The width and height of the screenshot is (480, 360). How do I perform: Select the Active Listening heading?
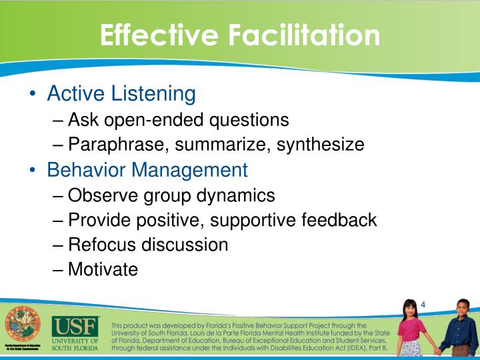[x=121, y=93]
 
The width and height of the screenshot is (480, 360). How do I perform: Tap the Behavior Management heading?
[x=147, y=169]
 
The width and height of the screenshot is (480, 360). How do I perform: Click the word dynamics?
[x=235, y=195]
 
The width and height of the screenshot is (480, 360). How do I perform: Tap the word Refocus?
[x=103, y=245]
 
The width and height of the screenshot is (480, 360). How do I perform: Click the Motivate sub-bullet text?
[x=103, y=269]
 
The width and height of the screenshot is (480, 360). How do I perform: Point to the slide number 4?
[x=423, y=305]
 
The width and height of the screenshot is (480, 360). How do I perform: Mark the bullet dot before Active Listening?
[x=33, y=94]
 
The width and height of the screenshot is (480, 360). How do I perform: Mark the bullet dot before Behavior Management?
[x=33, y=170]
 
